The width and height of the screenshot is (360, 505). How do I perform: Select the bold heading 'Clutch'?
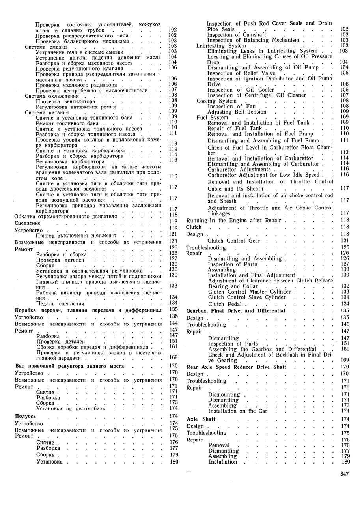pos(194,227)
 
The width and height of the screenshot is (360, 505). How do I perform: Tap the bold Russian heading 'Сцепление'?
pos(27,223)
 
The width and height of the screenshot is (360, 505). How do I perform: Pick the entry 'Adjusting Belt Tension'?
pos(237,112)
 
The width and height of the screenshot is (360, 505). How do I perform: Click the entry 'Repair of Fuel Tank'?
pos(234,128)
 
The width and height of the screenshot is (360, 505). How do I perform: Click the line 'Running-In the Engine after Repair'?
pos(233,220)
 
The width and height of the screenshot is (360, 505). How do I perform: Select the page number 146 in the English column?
pos(344,325)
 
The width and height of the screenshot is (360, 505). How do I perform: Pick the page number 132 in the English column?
pos(344,286)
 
